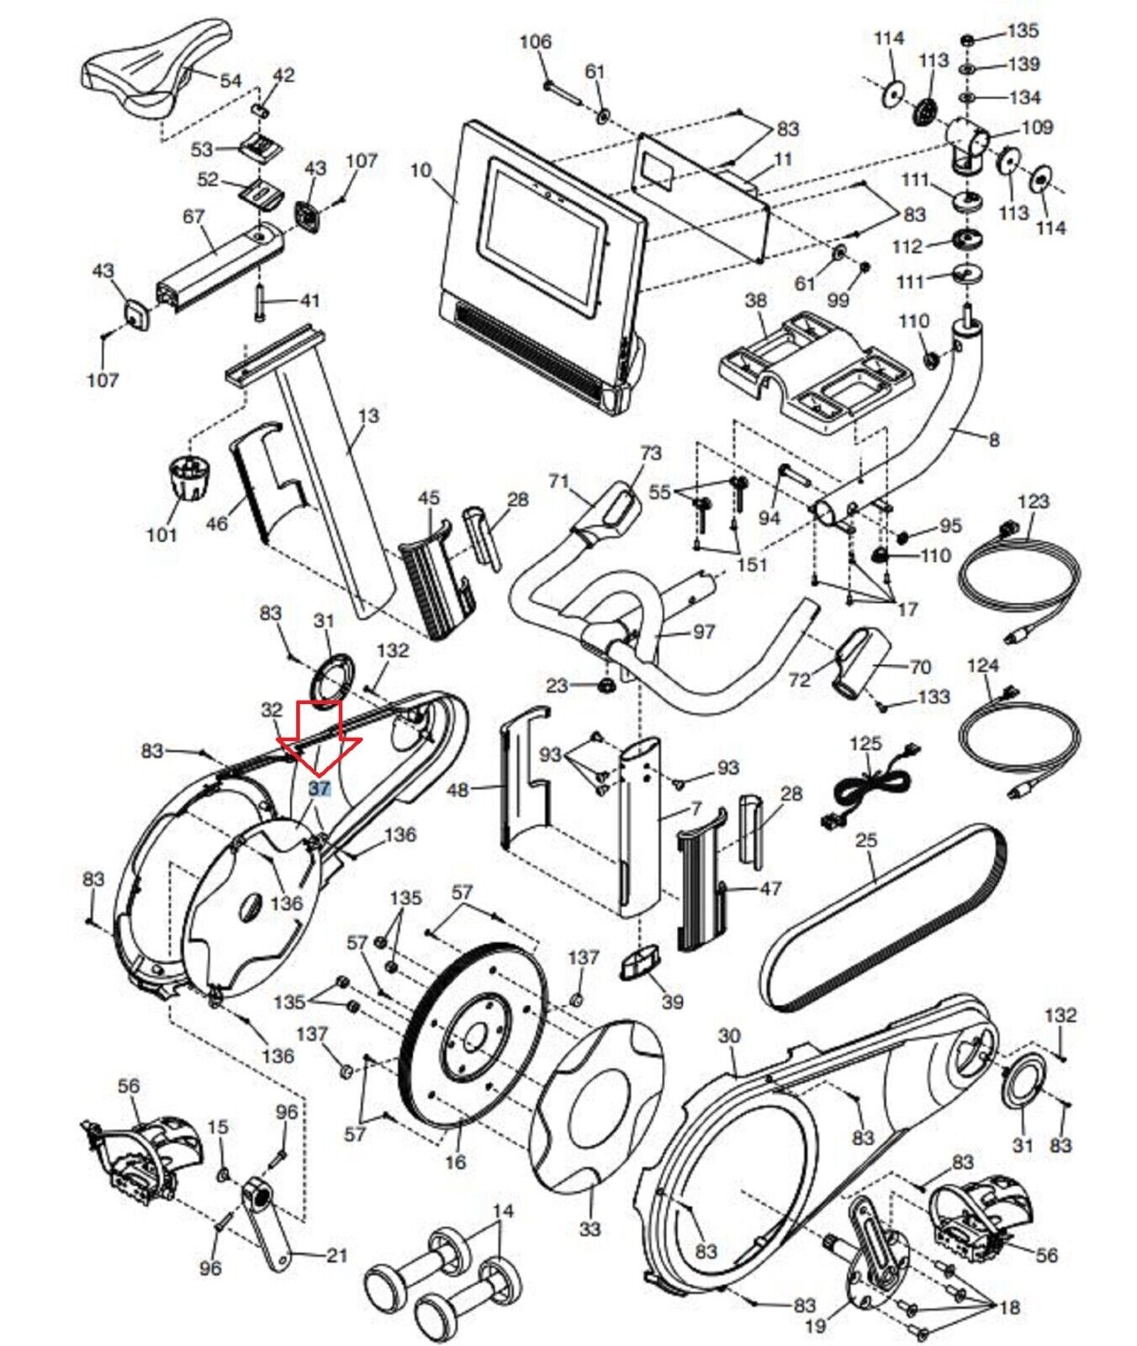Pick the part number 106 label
[x=535, y=41]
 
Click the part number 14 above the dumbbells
[x=502, y=1211]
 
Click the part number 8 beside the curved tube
[x=993, y=438]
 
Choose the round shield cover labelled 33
[x=593, y=1110]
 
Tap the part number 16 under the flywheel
[x=455, y=1162]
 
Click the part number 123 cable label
[x=1033, y=501]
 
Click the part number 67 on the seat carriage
[x=193, y=216]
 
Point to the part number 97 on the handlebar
[x=703, y=631]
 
